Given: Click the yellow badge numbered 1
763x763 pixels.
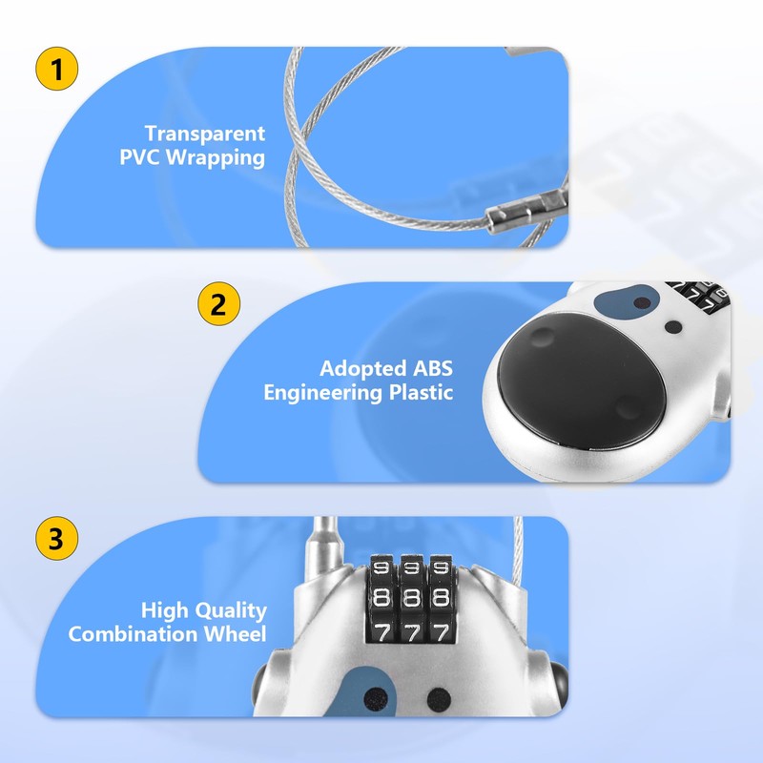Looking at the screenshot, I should pyautogui.click(x=56, y=70).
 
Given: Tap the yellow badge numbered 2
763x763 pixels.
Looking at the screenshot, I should pyautogui.click(x=218, y=305).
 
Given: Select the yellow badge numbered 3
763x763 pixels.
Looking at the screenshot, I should pyautogui.click(x=56, y=539).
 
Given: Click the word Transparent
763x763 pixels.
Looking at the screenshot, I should pyautogui.click(x=205, y=134).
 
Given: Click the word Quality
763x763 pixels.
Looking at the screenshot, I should pyautogui.click(x=229, y=610).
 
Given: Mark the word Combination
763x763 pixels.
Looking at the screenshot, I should pyautogui.click(x=129, y=634).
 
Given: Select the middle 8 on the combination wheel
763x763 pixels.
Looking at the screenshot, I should pyautogui.click(x=411, y=599).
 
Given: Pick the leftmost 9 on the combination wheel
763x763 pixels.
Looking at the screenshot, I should pyautogui.click(x=381, y=568).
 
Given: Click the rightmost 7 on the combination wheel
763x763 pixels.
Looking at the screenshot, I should pyautogui.click(x=441, y=631).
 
